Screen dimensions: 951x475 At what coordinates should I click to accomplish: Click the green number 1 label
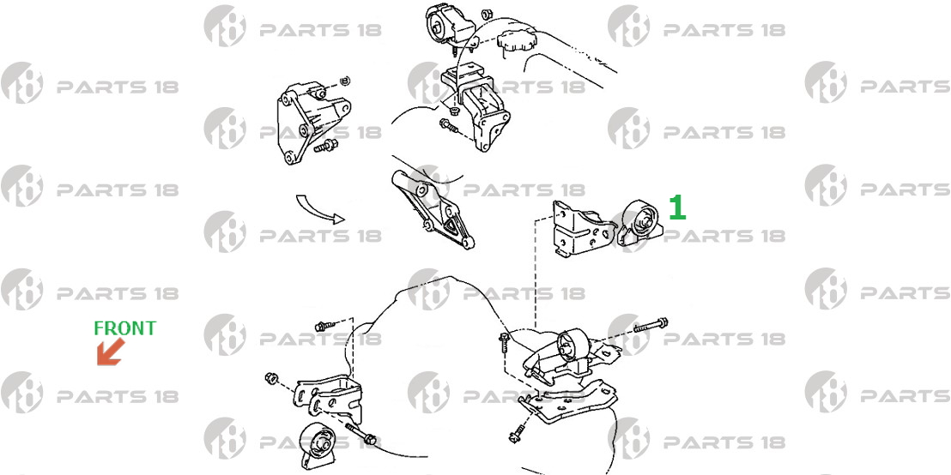point(677,207)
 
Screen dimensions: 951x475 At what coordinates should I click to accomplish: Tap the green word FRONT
point(124,328)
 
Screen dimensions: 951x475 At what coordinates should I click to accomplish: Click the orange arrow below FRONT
point(110,352)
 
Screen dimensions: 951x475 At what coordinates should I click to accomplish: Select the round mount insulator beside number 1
point(640,222)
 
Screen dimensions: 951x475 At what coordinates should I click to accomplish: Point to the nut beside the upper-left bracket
point(345,81)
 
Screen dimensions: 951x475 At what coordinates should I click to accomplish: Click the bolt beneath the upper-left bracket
point(325,146)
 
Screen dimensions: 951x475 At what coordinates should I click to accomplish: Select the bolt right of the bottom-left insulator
point(361,434)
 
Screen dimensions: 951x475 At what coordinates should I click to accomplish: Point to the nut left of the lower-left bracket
point(271,379)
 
